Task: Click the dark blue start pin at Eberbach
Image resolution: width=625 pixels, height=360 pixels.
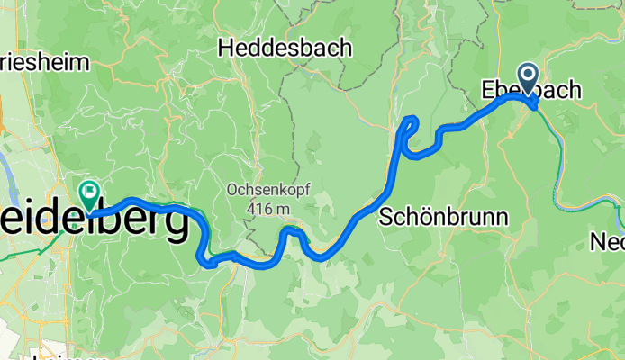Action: (528, 79)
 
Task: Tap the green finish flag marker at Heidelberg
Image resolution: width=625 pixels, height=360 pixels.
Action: (90, 191)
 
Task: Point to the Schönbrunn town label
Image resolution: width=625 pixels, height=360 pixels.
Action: (444, 216)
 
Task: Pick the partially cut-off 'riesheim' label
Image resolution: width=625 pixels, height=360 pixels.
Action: (45, 62)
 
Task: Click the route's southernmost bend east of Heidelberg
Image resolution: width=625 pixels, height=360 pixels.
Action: (209, 263)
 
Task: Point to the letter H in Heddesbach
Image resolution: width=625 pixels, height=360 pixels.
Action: (227, 48)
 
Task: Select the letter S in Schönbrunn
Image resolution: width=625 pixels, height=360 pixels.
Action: (388, 216)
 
